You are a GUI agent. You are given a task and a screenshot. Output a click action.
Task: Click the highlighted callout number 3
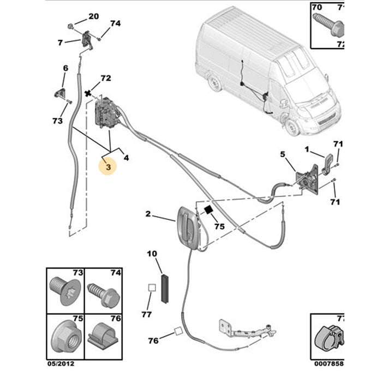point(108,168)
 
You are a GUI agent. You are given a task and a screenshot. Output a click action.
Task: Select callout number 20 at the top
point(94,16)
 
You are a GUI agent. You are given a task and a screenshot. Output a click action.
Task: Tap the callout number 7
point(61,41)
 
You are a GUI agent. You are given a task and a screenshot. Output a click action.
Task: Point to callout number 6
point(65,68)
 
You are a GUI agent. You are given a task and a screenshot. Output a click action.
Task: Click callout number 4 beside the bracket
point(126,158)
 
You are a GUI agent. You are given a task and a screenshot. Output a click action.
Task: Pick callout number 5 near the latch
point(283,155)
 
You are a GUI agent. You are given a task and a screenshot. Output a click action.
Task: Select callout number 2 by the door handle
point(147,214)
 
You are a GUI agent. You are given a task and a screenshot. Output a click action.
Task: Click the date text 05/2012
point(59,363)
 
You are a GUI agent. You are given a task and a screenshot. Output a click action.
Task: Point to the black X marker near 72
point(88,94)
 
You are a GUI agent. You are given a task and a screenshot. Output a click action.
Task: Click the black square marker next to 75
point(208,210)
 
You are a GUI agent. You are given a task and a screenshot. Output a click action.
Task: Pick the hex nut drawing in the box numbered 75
point(64,336)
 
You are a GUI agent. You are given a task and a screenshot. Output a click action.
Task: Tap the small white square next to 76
point(178,330)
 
